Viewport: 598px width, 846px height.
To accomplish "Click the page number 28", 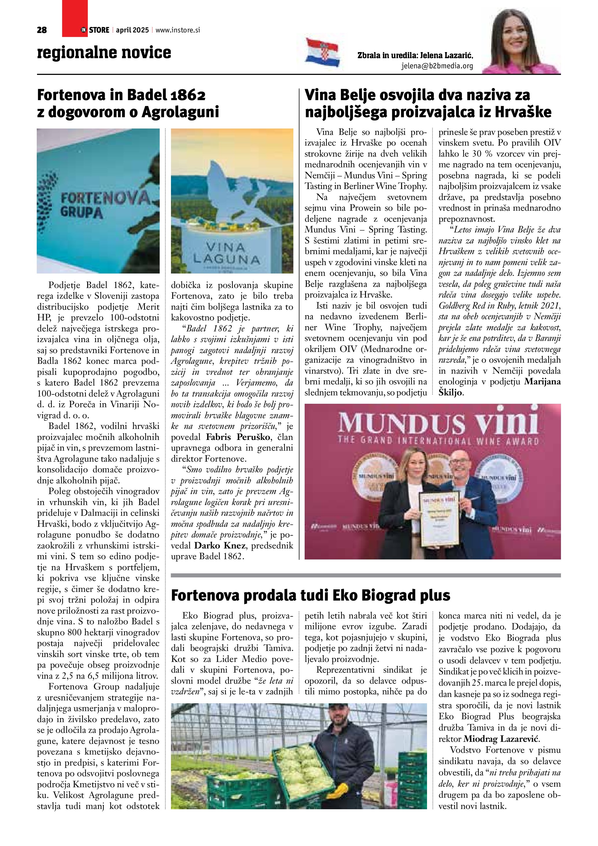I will [x=42, y=30].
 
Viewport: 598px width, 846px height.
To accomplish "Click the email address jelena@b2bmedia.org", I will [x=437, y=66].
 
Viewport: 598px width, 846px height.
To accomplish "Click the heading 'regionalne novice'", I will [x=104, y=52].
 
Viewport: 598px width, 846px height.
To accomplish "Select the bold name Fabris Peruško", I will [x=239, y=437].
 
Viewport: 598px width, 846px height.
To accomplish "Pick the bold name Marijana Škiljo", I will [x=499, y=387].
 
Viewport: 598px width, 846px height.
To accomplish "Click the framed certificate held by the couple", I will [x=439, y=520].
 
